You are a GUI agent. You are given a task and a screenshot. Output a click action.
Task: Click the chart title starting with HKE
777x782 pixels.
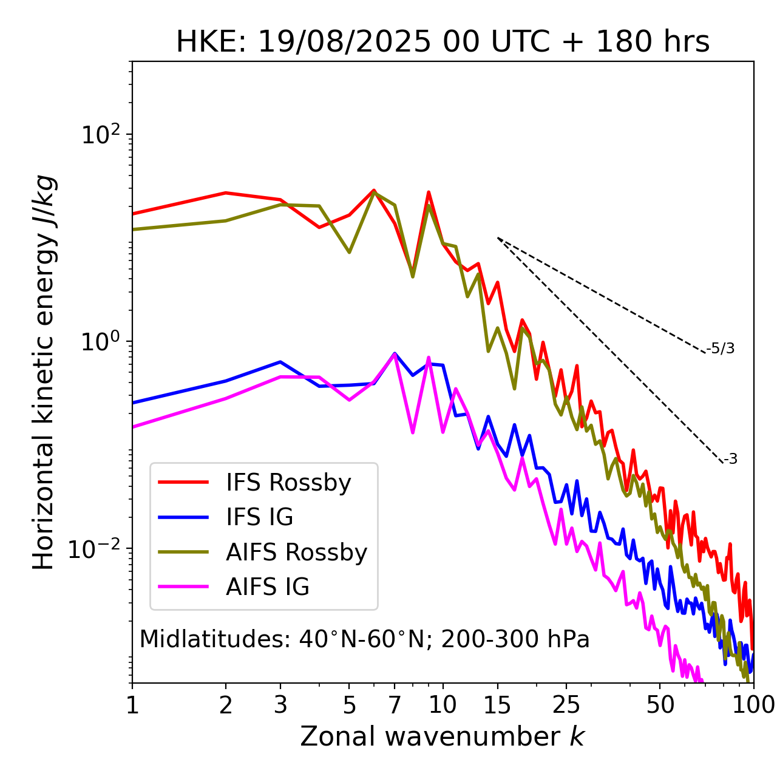[443, 42]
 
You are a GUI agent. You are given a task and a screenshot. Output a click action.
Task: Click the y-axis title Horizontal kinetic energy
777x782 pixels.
[44, 372]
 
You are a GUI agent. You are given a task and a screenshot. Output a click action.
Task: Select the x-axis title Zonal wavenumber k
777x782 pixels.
[442, 736]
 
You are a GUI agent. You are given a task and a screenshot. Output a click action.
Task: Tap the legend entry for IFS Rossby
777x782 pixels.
[288, 483]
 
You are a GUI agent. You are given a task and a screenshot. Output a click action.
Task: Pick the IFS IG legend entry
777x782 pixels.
[259, 517]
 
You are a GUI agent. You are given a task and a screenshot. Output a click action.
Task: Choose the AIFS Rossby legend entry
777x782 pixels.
[296, 552]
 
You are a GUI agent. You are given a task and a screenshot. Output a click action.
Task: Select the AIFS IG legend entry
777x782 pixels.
[268, 587]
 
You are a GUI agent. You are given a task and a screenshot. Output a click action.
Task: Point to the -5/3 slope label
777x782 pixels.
[721, 348]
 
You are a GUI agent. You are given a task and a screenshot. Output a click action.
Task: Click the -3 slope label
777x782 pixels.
[730, 459]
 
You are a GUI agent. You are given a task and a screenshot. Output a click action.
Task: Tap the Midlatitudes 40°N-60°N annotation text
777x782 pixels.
[364, 639]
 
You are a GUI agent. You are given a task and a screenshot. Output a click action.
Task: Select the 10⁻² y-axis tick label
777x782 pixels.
[97, 548]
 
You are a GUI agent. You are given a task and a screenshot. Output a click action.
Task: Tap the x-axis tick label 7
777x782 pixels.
[395, 705]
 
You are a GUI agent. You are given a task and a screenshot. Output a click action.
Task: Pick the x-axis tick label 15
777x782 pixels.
[497, 705]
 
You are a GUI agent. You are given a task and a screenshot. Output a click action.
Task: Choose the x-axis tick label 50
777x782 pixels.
[660, 705]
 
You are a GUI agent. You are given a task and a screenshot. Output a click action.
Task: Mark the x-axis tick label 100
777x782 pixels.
[753, 705]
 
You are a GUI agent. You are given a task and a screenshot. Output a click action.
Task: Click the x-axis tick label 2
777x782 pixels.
[226, 705]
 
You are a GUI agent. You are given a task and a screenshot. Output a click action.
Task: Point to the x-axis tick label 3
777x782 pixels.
[280, 705]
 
